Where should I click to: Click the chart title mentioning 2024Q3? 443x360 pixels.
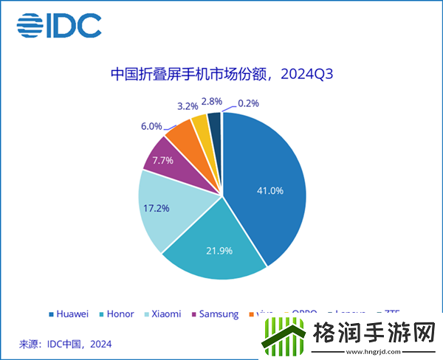(221, 75)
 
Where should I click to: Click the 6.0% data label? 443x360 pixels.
(154, 126)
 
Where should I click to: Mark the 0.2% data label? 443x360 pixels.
(252, 104)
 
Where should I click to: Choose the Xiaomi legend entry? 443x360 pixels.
(162, 314)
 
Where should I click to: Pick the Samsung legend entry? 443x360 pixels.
(215, 314)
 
